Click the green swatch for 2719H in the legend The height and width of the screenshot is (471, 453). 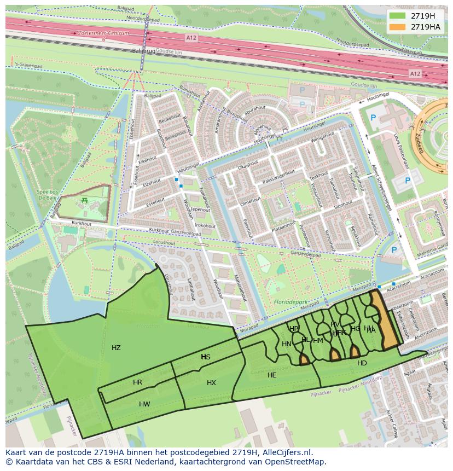point(397,15)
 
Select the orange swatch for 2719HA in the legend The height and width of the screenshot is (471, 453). point(397,27)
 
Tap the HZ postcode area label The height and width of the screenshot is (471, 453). point(116,348)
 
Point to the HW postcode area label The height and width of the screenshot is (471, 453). point(144,404)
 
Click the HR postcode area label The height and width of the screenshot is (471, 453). point(137,382)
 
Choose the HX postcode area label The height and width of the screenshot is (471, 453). point(211,383)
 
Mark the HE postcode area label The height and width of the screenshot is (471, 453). point(272,375)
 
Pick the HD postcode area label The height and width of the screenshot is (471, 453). point(362,363)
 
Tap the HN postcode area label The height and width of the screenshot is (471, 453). point(287,344)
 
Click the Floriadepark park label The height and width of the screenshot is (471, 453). point(289,301)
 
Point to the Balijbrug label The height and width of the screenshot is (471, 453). point(143,50)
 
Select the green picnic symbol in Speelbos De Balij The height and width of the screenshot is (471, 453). point(84,201)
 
